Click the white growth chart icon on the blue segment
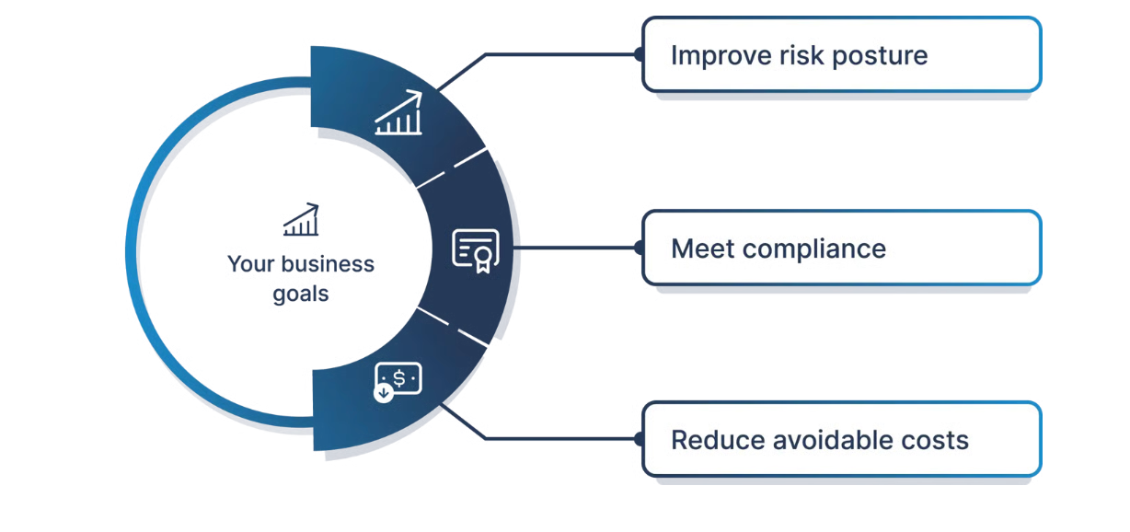398,114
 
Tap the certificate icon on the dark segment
476,249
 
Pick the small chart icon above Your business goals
301,220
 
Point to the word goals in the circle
301,295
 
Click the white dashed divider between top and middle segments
452,169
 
